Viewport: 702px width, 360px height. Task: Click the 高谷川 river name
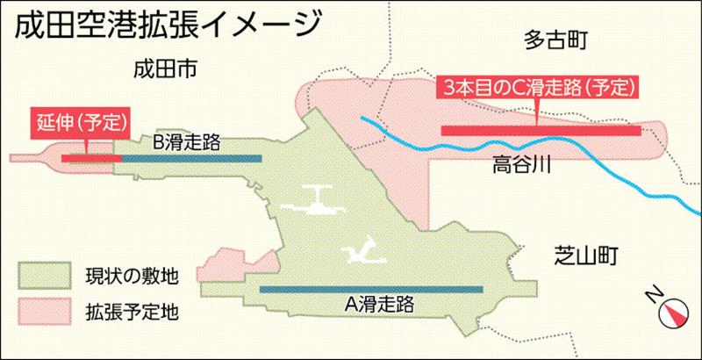click(521, 162)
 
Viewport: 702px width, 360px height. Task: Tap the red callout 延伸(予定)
click(81, 121)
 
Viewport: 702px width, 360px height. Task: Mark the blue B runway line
click(188, 158)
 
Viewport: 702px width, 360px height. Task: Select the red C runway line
click(541, 131)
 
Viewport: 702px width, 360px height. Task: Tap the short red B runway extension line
click(87, 158)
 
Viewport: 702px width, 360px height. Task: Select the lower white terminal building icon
click(363, 252)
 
